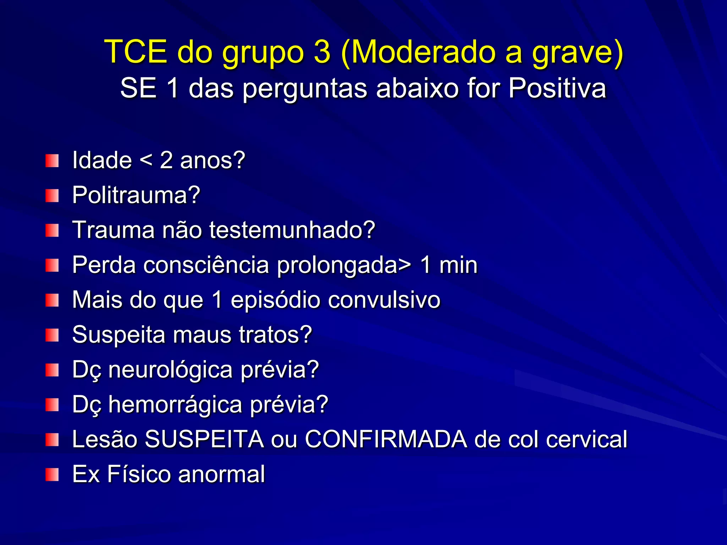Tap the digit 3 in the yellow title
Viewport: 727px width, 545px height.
322,52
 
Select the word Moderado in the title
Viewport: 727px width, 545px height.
419,52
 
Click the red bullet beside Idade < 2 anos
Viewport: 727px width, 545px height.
52,161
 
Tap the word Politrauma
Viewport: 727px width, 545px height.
136,195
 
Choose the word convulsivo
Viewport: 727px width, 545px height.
384,300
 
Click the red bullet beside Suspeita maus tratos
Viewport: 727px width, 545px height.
52,335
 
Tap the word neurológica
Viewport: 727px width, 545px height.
170,370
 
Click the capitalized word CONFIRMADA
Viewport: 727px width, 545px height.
386,439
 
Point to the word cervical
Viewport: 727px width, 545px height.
586,439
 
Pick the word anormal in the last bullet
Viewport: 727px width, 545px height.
222,474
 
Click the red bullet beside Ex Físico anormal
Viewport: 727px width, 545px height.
52,474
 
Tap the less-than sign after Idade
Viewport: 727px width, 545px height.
146,160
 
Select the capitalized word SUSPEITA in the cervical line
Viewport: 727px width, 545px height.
204,439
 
